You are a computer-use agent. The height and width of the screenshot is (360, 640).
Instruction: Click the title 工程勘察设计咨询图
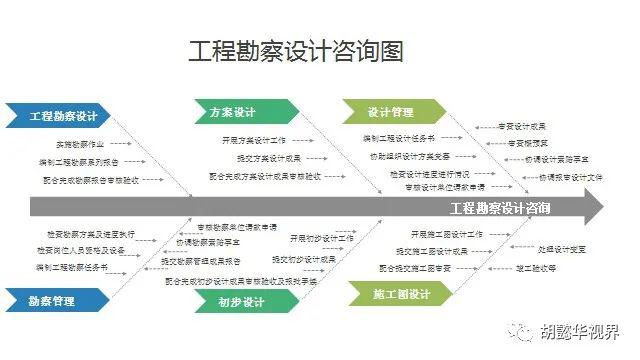295,52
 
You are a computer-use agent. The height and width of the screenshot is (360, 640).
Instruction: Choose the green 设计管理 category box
385,112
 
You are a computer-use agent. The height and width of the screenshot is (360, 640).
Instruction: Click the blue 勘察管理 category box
52,299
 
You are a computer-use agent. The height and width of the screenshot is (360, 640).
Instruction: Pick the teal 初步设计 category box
240,302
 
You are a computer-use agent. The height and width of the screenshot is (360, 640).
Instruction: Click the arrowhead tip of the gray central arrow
602,208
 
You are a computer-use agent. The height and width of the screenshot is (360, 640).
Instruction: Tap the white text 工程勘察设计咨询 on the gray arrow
499,208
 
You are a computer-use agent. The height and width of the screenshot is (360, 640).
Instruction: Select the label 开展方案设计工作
254,140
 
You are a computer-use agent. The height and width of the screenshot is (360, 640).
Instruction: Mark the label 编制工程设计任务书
398,137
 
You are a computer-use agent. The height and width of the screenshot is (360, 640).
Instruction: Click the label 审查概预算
528,143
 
